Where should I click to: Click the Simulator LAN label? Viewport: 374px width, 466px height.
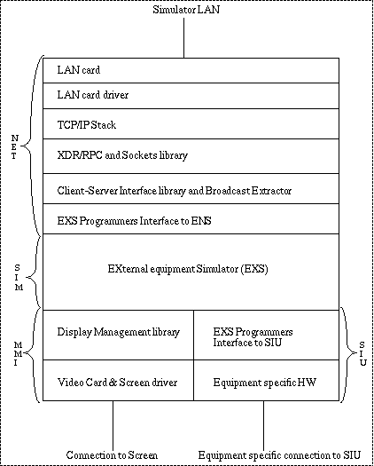186,10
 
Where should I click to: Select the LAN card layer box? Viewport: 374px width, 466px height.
191,70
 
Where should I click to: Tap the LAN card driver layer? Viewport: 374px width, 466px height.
191,96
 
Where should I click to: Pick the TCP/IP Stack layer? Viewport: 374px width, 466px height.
191,123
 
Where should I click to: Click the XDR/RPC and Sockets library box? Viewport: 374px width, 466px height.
191,156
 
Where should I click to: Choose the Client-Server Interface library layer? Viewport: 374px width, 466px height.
191,189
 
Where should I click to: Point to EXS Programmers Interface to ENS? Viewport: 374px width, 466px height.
134,221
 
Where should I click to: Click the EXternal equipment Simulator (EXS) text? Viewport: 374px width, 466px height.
188,269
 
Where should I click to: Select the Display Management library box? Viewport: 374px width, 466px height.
118,335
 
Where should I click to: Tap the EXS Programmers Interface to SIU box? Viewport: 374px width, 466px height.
266,335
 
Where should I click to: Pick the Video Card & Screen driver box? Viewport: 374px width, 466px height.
118,380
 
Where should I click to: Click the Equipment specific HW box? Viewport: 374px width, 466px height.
266,380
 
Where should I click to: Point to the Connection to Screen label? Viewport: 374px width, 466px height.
112,455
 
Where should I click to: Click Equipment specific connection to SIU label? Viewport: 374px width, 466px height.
279,455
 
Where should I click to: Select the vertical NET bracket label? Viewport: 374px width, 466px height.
14,146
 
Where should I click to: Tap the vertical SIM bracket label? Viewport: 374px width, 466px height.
18,278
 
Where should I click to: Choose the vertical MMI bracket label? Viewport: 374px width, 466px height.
18,353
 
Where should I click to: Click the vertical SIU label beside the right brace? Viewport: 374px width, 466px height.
362,353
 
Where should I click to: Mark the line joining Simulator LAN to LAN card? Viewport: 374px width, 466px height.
183,38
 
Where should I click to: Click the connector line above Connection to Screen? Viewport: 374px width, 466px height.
113,425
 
